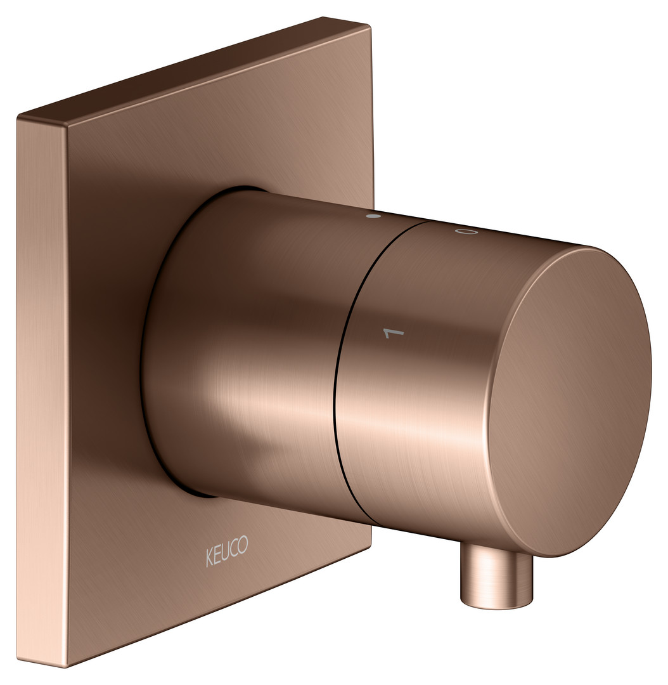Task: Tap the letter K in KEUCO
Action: coord(210,558)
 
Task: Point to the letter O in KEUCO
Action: coord(244,545)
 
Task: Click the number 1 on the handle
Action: coord(394,334)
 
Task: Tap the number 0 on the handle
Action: coord(466,231)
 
